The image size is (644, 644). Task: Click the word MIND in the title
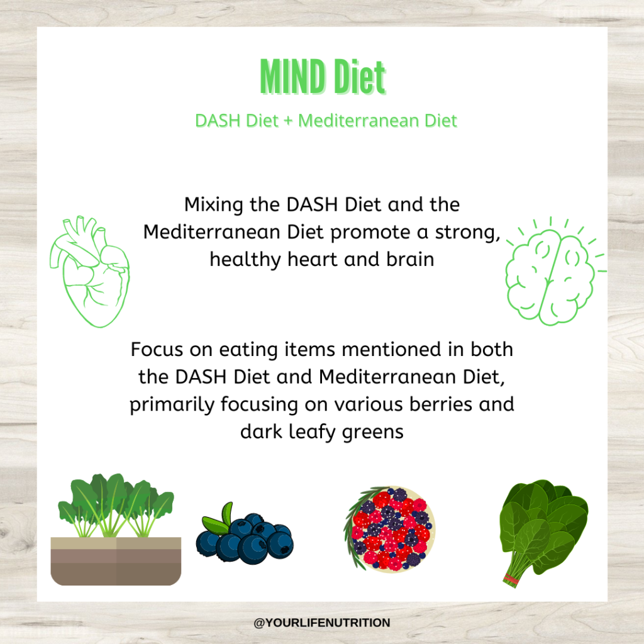coord(293,76)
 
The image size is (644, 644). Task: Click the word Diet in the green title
coord(359,76)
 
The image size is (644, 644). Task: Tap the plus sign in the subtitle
coord(288,121)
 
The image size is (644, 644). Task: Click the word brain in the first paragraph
coord(410,260)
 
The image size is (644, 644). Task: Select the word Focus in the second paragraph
coord(157,350)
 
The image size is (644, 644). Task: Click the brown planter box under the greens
coord(116,561)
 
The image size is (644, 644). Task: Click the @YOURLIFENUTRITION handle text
coord(322,623)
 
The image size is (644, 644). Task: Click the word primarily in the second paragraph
coord(172,405)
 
